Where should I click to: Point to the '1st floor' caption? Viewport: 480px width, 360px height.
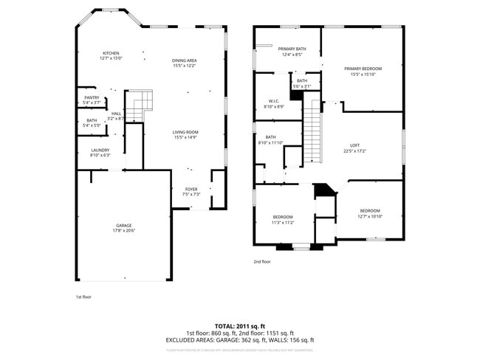tap(83, 297)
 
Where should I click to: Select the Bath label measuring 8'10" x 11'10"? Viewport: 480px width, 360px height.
tap(270, 139)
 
